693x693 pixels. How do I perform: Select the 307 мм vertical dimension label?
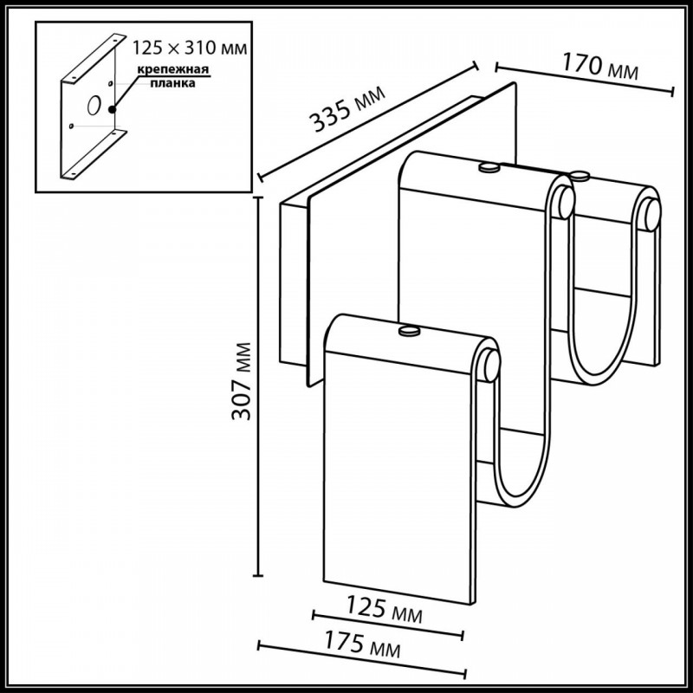point(242,381)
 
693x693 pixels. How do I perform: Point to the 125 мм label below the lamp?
point(384,609)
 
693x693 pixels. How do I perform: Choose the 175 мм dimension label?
point(363,644)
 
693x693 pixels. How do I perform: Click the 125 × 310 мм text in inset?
point(190,48)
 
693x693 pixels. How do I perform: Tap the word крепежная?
point(172,69)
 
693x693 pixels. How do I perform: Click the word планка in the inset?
point(172,83)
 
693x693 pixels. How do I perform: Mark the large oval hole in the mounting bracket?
point(94,105)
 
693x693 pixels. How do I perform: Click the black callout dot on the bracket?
point(113,109)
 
